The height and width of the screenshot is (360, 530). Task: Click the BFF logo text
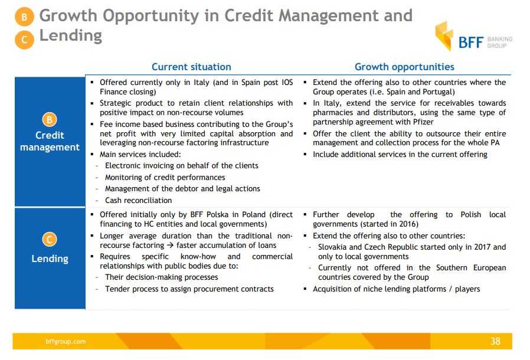[x=470, y=42]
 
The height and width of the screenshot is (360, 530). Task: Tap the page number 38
[x=495, y=341]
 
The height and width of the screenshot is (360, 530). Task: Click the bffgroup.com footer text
[x=66, y=341]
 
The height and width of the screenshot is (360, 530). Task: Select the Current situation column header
[x=191, y=67]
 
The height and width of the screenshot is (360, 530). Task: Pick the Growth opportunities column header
[x=404, y=67]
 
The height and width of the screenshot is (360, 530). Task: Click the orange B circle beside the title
[x=24, y=17]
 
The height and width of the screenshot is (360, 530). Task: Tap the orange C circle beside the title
[x=24, y=40]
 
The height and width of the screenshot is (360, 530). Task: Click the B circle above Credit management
[x=50, y=120]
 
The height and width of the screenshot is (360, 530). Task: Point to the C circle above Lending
[x=50, y=240]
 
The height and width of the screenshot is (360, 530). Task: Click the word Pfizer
[x=423, y=122]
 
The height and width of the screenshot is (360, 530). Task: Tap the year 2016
[x=408, y=224]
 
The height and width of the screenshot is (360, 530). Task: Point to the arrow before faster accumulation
[x=170, y=245]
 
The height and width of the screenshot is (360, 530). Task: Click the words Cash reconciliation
[x=138, y=201]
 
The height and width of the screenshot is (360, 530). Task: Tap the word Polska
[x=217, y=215]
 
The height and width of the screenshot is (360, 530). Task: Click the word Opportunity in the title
[x=151, y=16]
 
